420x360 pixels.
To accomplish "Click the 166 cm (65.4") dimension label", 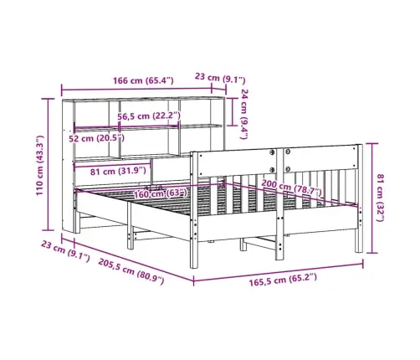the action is [x=143, y=80].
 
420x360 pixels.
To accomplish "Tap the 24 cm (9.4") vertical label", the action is [x=244, y=114].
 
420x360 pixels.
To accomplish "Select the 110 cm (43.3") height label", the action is [x=40, y=165].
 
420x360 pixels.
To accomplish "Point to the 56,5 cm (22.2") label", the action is [x=149, y=116].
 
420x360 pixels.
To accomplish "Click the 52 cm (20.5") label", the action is [x=96, y=138].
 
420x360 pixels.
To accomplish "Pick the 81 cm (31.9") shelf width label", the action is [x=118, y=171].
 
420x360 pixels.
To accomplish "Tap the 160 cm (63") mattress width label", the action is [x=160, y=193].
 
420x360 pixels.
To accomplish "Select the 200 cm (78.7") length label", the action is [x=291, y=188].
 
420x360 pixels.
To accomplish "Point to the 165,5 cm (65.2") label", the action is [x=283, y=280].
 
